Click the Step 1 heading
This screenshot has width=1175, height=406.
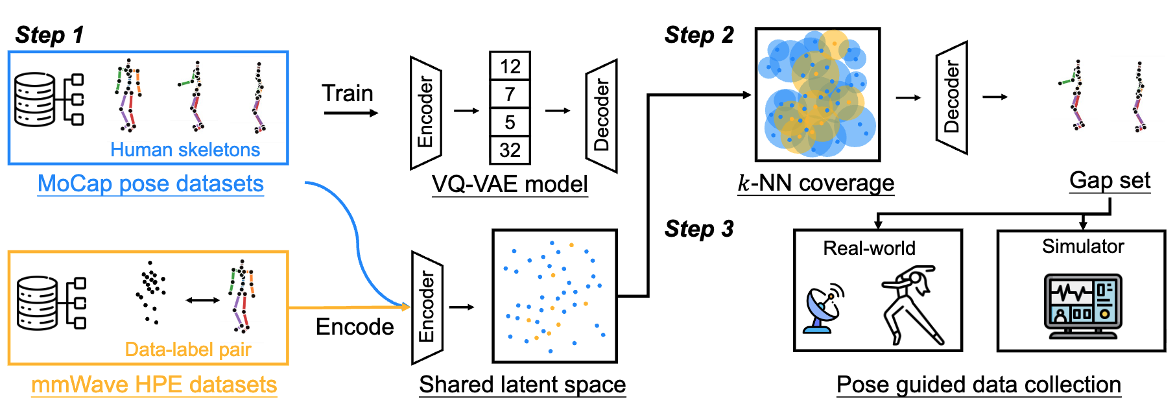click(49, 34)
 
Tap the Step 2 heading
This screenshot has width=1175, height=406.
click(699, 35)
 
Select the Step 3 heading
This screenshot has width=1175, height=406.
click(699, 229)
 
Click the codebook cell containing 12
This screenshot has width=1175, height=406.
click(510, 66)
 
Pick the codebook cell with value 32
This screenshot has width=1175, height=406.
click(510, 150)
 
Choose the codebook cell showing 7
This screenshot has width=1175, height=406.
click(510, 95)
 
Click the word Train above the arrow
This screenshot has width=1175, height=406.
click(348, 93)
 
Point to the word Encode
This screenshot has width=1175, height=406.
click(355, 327)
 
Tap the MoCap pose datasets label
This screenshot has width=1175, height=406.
click(150, 184)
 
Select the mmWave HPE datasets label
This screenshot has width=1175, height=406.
click(154, 385)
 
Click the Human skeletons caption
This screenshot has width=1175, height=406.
click(185, 150)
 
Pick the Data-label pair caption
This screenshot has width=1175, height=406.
click(188, 350)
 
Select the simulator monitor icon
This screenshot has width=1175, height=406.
click(1082, 305)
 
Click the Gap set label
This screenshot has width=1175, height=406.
click(1110, 180)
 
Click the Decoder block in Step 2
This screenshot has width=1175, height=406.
click(951, 98)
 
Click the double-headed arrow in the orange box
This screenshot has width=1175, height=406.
click(202, 300)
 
